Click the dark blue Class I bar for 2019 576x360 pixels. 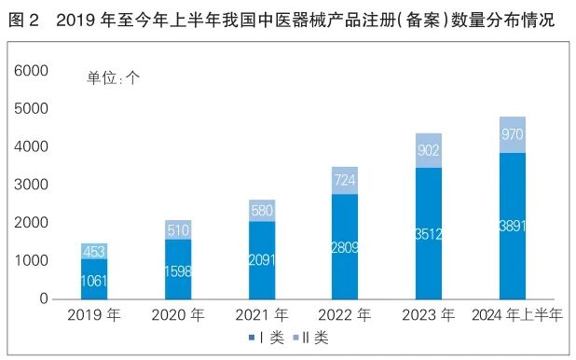(93, 279)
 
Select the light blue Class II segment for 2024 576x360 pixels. (512, 134)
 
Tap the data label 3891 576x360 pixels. (512, 226)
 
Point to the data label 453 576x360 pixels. (93, 251)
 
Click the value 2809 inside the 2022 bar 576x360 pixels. (344, 247)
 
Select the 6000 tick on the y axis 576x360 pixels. (33, 71)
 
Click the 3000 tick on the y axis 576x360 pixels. (33, 185)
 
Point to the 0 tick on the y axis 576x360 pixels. (43, 299)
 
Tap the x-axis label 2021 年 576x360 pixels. (260, 316)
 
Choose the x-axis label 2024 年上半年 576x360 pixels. (517, 316)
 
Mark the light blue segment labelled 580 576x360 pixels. (260, 210)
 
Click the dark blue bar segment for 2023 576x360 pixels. (428, 233)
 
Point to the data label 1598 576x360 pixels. (177, 269)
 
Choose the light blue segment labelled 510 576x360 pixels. (177, 229)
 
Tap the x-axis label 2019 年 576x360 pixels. (93, 316)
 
